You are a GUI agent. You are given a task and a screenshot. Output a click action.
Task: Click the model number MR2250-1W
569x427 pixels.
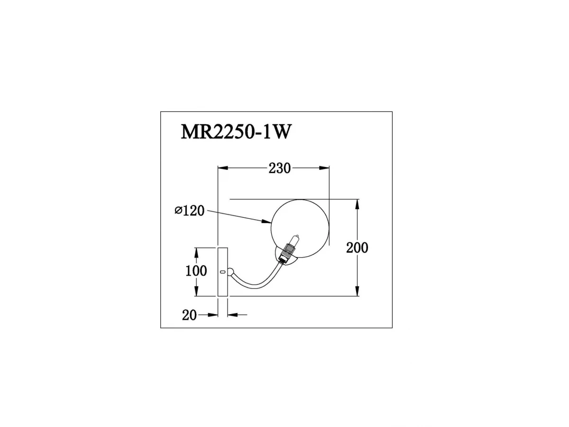click(236, 132)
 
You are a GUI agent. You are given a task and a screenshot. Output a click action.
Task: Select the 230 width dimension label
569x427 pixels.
click(279, 168)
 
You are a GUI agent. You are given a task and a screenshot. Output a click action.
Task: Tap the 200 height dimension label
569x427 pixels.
click(357, 248)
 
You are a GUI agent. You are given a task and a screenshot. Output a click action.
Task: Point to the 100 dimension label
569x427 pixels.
click(196, 271)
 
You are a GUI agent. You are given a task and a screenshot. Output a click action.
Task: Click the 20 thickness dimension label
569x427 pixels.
click(189, 316)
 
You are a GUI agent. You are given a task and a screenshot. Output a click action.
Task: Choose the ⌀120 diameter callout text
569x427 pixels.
click(190, 211)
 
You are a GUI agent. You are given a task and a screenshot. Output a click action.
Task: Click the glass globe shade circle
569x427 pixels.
click(300, 229)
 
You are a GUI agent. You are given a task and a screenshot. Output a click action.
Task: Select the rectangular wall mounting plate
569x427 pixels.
click(223, 272)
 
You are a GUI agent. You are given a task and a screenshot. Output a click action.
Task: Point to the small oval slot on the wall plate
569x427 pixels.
click(222, 272)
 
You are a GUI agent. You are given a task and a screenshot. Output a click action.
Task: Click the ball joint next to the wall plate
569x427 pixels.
click(230, 272)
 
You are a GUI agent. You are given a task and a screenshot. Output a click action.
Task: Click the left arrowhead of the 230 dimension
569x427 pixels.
click(223, 168)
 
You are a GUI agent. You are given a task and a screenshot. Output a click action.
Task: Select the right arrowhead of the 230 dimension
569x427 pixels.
click(324, 168)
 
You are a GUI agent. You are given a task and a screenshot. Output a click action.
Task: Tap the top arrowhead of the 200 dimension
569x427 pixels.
click(357, 204)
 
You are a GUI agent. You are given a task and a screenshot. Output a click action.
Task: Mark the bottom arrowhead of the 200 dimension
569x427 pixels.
click(357, 291)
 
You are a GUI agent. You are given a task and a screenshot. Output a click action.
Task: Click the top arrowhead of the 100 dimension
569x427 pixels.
click(196, 253)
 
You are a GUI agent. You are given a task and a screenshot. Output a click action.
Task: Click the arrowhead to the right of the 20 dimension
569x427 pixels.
click(233, 315)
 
